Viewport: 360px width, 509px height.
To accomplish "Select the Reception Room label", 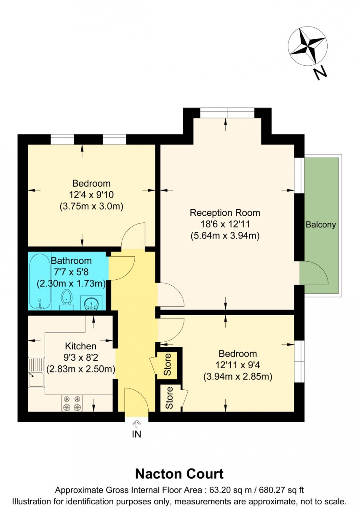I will click(225, 212).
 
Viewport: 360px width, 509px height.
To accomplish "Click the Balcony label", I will click(321, 225).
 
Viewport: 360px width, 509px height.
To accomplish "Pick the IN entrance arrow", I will click(136, 423).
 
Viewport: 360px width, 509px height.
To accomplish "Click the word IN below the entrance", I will click(136, 434).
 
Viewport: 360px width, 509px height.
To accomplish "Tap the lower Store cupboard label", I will click(169, 398).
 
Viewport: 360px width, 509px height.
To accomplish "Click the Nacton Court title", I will click(179, 474).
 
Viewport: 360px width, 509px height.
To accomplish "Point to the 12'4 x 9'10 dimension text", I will click(91, 195).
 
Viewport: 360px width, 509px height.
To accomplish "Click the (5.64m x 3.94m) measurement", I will click(225, 236).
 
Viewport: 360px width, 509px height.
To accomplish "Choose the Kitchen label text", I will click(80, 346).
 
